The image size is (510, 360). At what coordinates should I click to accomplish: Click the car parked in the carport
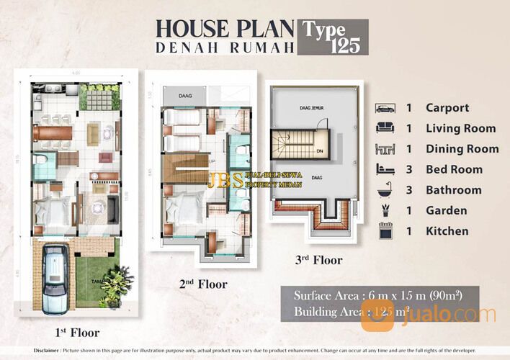(x=55, y=274)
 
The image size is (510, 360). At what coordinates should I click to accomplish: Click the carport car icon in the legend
(x=385, y=108)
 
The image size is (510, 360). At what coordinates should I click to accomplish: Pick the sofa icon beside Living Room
(x=385, y=128)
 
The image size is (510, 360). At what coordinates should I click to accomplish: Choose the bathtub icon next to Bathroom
(x=385, y=190)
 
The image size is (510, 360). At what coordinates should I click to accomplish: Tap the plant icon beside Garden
(x=385, y=211)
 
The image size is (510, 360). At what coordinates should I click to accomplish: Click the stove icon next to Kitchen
(x=385, y=232)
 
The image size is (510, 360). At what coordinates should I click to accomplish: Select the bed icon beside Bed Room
(x=385, y=170)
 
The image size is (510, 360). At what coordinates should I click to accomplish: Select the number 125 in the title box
(x=343, y=46)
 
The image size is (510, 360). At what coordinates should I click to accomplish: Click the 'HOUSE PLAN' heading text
(x=225, y=29)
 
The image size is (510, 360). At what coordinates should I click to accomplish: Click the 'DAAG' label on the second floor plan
(x=176, y=96)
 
